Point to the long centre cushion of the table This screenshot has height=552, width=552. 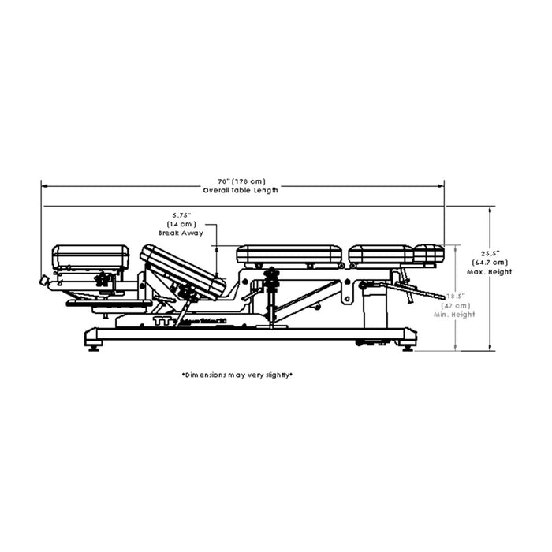point(289,255)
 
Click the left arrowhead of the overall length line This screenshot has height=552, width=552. point(45,185)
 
